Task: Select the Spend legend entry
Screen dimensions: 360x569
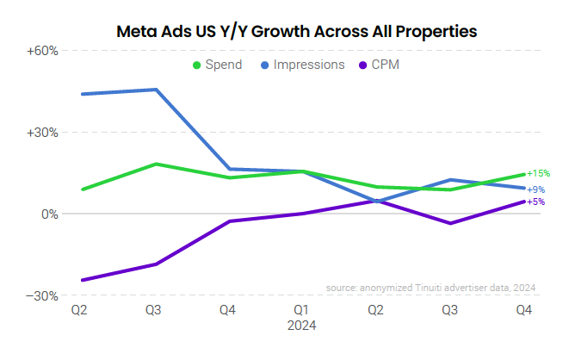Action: [x=221, y=65]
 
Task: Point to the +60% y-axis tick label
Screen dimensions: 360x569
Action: [x=42, y=52]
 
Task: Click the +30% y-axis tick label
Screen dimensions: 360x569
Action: [x=42, y=133]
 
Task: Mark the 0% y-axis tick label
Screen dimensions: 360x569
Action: [x=48, y=214]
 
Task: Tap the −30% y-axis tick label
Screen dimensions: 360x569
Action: [x=42, y=295]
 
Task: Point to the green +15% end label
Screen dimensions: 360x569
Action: [x=538, y=173]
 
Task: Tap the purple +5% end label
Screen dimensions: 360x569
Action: [x=535, y=202]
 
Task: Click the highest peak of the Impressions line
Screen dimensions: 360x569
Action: [x=156, y=90]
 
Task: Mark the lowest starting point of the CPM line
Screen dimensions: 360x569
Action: [x=82, y=280]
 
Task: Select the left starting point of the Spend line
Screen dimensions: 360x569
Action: [x=82, y=189]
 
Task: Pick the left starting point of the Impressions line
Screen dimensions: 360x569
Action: [x=82, y=94]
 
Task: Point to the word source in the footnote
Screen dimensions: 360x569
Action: [x=343, y=288]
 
